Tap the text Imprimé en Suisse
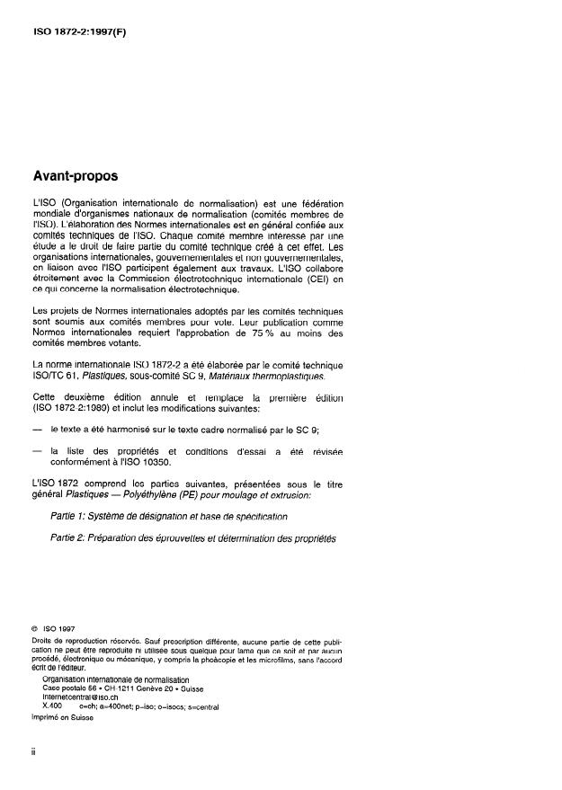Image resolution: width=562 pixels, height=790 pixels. point(64,716)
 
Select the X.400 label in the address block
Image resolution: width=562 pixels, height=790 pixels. point(55,706)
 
